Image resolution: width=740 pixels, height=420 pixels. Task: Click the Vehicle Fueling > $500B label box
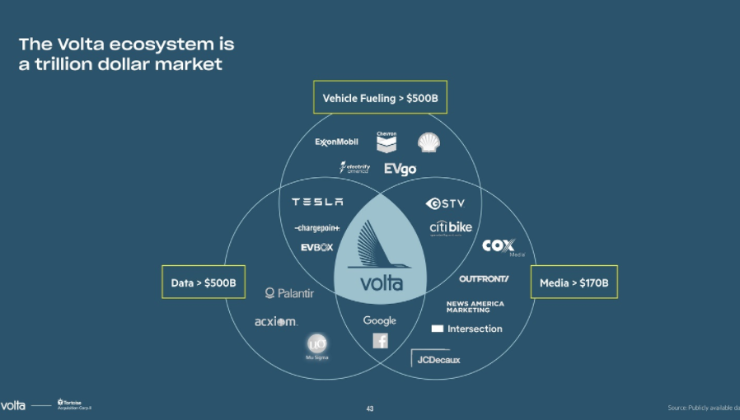380,98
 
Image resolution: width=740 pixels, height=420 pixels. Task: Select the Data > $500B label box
204,282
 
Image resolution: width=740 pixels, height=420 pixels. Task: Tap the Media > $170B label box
573,282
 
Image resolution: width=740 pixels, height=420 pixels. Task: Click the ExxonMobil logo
336,142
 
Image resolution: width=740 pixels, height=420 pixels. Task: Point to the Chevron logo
386,142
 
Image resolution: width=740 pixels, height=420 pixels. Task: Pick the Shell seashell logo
429,142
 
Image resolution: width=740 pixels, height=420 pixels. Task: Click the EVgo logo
400,169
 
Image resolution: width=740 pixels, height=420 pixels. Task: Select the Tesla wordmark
317,202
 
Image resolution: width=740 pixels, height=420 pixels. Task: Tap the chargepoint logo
316,227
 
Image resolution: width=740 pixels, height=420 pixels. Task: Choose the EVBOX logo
316,247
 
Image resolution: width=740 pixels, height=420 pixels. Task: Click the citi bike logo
451,227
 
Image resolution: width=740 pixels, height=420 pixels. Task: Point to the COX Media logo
499,246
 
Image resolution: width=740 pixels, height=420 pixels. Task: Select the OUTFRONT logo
484,278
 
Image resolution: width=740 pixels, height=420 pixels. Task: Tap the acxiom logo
276,321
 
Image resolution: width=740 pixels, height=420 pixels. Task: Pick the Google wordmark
380,320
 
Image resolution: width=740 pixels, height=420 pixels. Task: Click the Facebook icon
380,340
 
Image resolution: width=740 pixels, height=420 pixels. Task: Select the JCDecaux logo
437,359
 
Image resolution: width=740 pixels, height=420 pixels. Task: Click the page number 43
370,408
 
